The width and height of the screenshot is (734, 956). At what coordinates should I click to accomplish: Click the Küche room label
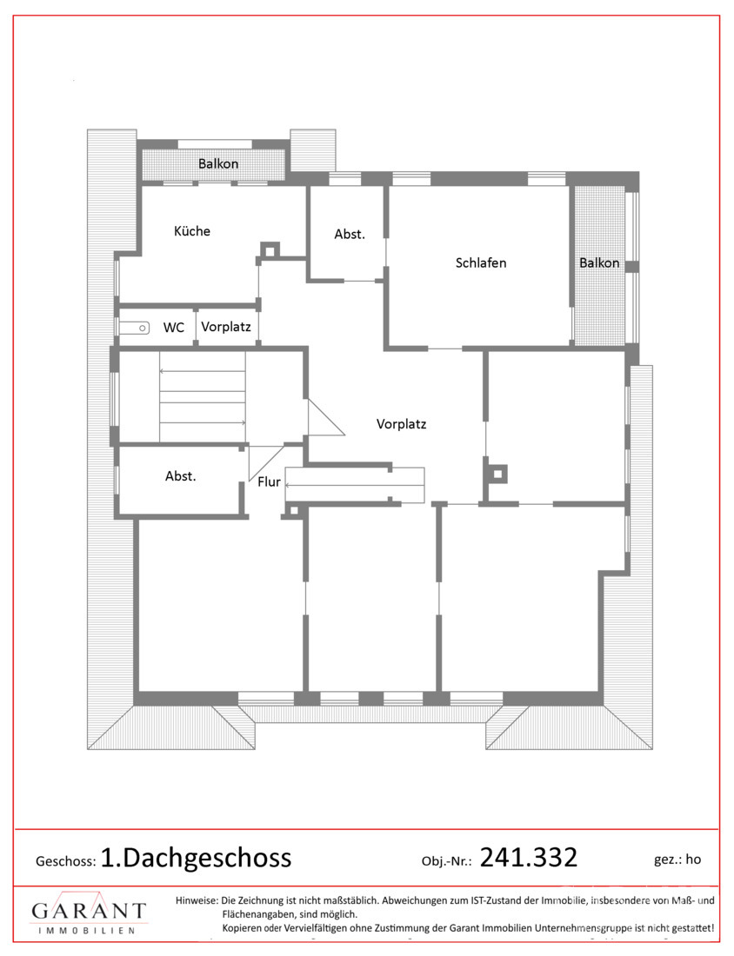192,231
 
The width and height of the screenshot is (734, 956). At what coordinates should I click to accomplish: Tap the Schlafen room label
481,262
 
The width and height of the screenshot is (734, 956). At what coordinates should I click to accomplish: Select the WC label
174,328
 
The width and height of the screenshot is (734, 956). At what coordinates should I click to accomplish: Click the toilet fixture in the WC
134,328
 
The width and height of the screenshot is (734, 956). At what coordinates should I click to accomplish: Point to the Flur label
269,481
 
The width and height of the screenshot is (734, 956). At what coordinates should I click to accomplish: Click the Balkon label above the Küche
218,163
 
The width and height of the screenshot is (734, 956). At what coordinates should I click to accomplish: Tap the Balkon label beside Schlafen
599,262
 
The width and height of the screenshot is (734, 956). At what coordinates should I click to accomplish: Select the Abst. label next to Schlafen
350,234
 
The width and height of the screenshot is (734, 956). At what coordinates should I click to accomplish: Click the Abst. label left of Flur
181,476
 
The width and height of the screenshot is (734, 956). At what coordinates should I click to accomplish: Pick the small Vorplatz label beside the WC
226,327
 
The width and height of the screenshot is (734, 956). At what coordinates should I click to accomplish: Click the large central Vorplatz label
402,424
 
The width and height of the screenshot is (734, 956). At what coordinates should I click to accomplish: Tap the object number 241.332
529,857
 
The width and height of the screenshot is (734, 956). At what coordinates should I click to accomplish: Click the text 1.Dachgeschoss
196,858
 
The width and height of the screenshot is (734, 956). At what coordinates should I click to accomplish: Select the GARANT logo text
89,910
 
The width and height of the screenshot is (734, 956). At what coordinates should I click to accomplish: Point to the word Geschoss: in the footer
66,861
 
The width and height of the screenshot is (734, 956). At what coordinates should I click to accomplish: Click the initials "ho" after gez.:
693,860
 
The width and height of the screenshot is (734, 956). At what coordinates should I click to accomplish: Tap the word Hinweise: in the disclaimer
197,900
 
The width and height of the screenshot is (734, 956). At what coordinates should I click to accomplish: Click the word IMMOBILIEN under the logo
87,931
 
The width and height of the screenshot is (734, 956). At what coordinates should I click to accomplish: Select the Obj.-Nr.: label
447,861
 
